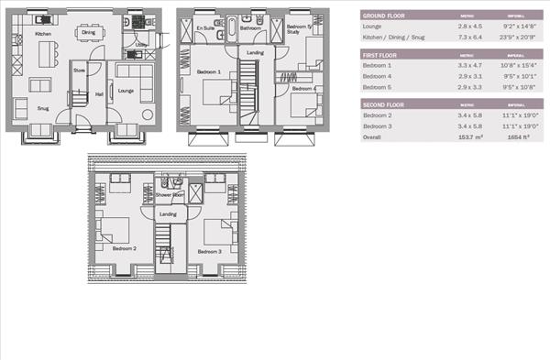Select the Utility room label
pos(141,44)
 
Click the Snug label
pos(42,107)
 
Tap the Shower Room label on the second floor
pos(169,195)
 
